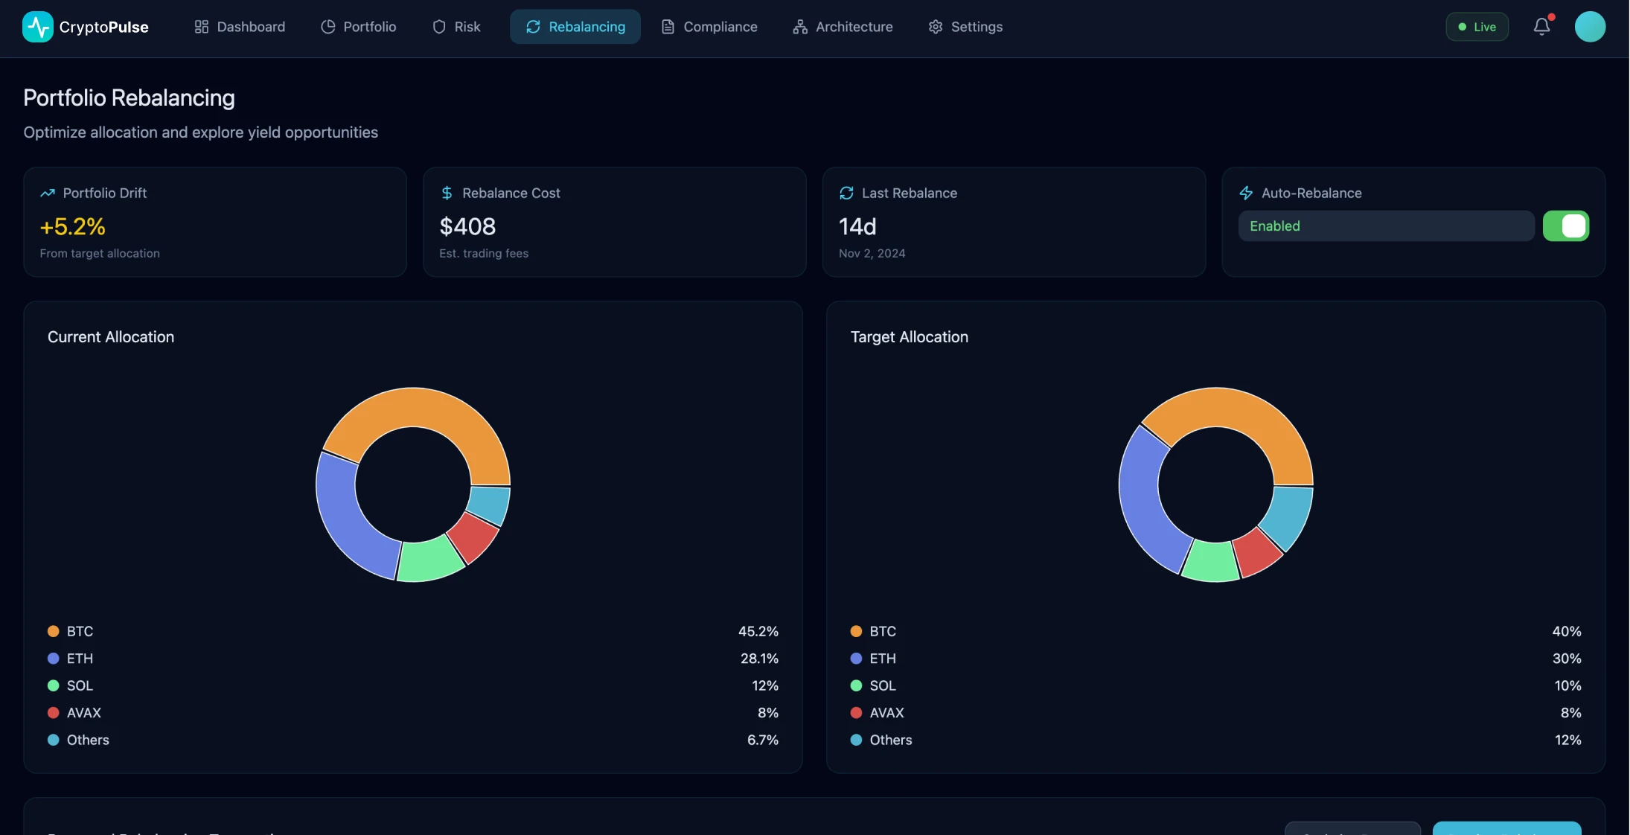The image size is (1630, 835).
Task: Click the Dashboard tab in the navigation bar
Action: [x=240, y=27]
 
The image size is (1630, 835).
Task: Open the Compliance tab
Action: [x=709, y=27]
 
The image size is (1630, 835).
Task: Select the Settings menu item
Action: [x=965, y=27]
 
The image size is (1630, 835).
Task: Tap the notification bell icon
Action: [x=1541, y=27]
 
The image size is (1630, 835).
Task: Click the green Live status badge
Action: [x=1477, y=27]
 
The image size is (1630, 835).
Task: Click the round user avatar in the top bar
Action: [x=1590, y=27]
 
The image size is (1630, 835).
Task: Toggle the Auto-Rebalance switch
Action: [x=1565, y=226]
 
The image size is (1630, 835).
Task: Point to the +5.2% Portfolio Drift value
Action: [x=72, y=226]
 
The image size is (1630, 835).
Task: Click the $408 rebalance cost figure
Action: [x=467, y=226]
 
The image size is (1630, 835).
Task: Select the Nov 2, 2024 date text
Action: [x=872, y=254]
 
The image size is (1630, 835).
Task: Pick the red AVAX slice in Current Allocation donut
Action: [x=474, y=536]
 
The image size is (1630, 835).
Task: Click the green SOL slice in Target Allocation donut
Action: [x=1209, y=562]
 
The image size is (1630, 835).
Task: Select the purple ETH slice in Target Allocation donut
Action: [x=1142, y=499]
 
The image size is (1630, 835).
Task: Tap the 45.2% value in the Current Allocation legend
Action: [x=758, y=631]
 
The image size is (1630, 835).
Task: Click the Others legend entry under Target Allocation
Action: [x=890, y=740]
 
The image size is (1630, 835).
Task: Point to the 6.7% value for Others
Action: [x=762, y=740]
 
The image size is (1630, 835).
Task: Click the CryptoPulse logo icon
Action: [x=37, y=27]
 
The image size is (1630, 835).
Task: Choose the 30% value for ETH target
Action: [x=1566, y=659]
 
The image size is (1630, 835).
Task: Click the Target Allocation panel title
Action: [x=909, y=337]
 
